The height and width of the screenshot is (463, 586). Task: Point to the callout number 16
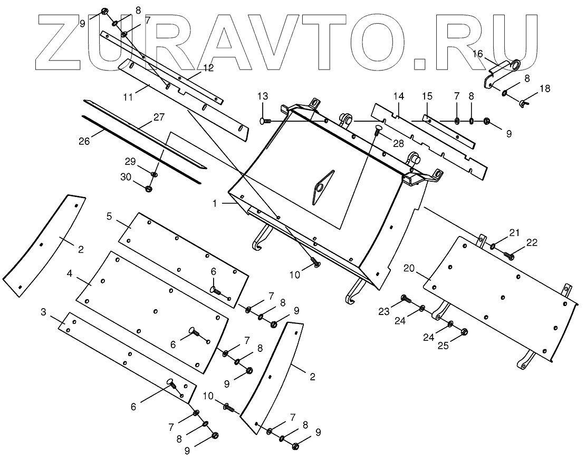coord(477,53)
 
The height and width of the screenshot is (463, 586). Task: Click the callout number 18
coord(545,88)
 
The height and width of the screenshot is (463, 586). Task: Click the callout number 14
coord(398,96)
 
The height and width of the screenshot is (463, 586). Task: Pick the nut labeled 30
coord(149,188)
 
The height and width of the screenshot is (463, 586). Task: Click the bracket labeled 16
coord(501,72)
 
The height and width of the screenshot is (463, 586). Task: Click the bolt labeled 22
coord(510,255)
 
